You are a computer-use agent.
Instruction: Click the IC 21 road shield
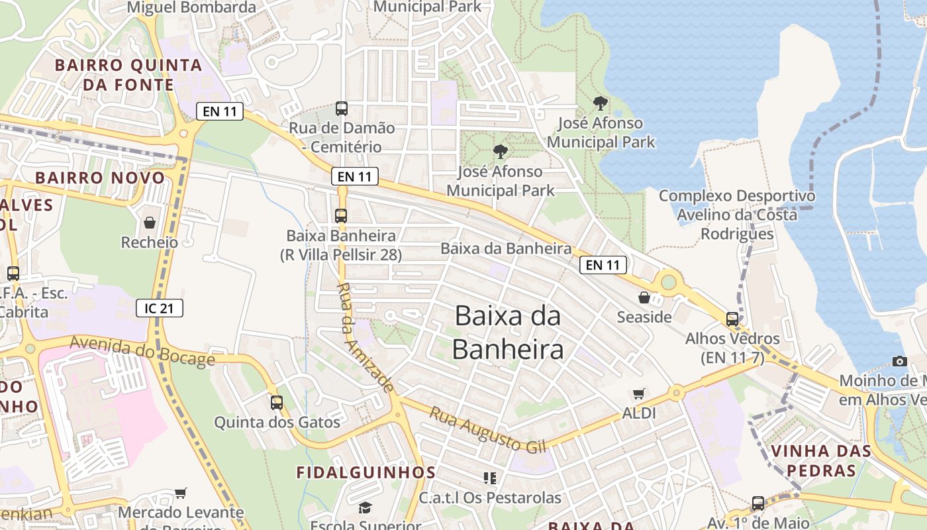pyautogui.click(x=160, y=307)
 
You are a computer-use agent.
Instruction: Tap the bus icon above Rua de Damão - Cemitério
pyautogui.click(x=342, y=108)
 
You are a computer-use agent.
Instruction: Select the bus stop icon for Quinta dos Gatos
pyautogui.click(x=277, y=402)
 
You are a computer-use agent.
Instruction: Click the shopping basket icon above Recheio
pyautogui.click(x=150, y=222)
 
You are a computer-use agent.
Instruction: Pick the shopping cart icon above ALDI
pyautogui.click(x=638, y=394)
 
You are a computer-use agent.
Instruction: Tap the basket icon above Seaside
pyautogui.click(x=644, y=297)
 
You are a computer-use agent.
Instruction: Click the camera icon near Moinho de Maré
pyautogui.click(x=899, y=361)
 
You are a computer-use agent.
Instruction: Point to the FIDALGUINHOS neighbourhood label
pyautogui.click(x=366, y=472)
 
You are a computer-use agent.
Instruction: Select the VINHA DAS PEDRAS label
pyautogui.click(x=821, y=461)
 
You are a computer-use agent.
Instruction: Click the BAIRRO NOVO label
pyautogui.click(x=100, y=178)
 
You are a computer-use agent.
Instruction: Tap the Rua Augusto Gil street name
pyautogui.click(x=489, y=430)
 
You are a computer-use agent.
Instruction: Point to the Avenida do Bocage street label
pyautogui.click(x=142, y=350)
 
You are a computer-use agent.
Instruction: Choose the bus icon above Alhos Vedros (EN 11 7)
pyautogui.click(x=732, y=319)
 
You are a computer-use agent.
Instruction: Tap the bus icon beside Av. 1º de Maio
pyautogui.click(x=758, y=503)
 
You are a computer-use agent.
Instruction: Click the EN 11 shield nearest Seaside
pyautogui.click(x=603, y=265)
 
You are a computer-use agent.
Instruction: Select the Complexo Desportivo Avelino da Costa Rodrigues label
pyautogui.click(x=737, y=215)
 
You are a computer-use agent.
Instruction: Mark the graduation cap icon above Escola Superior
pyautogui.click(x=365, y=507)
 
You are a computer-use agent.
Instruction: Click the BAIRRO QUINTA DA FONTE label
pyautogui.click(x=128, y=75)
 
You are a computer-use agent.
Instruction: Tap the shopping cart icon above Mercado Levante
pyautogui.click(x=180, y=493)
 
